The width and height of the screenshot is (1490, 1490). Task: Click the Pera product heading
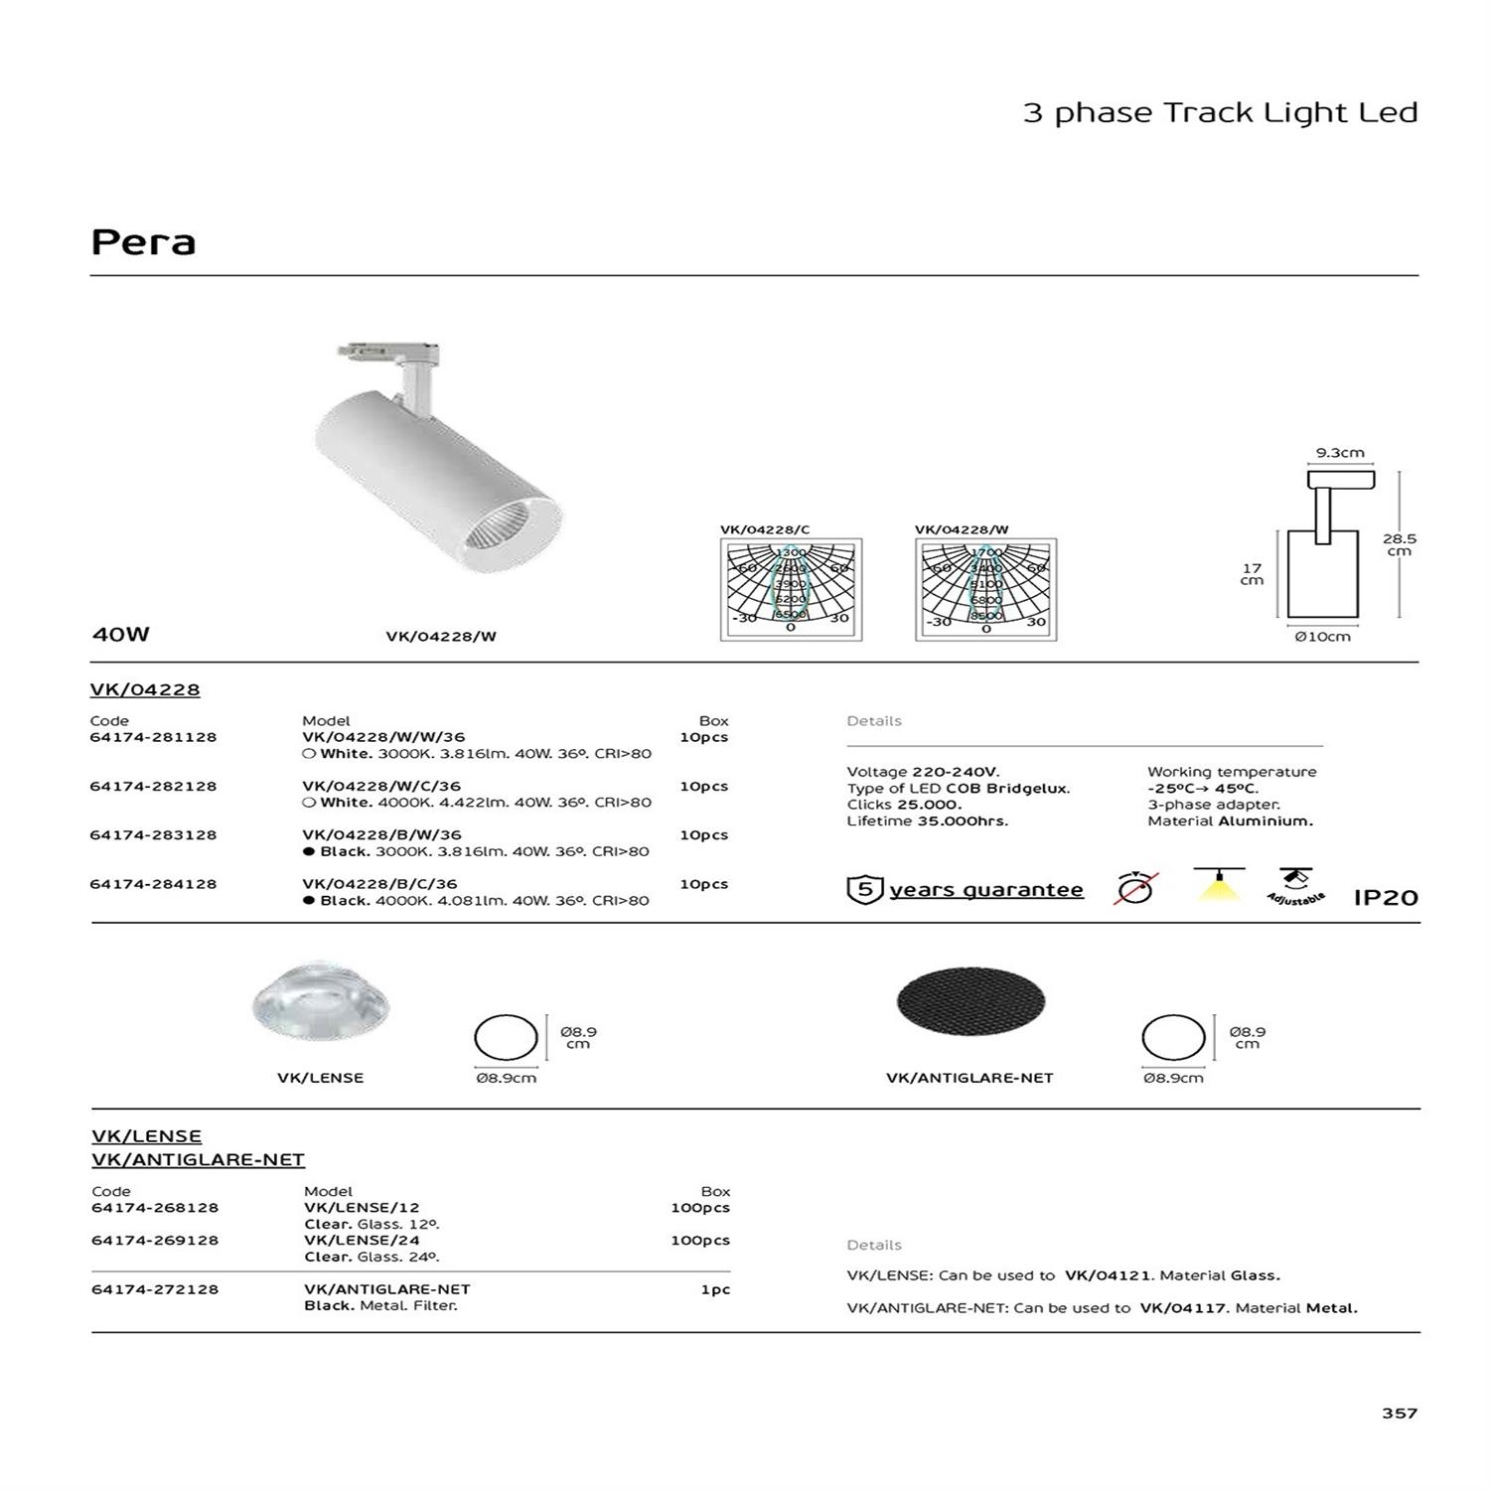click(143, 242)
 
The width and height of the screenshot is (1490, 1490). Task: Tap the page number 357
click(1399, 1413)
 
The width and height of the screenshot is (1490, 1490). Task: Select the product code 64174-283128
click(153, 835)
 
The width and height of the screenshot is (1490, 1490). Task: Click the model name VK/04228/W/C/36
click(381, 786)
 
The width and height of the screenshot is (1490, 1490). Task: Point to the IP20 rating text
click(1386, 898)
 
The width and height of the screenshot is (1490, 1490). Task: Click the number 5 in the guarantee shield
click(864, 889)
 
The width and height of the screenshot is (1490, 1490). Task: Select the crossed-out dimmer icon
click(1135, 887)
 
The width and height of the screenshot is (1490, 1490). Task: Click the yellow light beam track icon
click(1220, 884)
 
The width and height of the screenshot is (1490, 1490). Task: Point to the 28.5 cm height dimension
click(1399, 544)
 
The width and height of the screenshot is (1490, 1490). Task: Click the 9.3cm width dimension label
click(1340, 453)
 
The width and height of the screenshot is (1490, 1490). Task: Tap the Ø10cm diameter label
click(1322, 637)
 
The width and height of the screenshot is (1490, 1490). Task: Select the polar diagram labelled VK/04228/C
click(791, 589)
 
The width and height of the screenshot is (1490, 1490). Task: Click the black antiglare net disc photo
click(970, 1002)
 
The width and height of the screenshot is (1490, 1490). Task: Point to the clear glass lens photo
click(321, 1002)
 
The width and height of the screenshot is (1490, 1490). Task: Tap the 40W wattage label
click(120, 634)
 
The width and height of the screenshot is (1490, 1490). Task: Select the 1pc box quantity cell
click(714, 1289)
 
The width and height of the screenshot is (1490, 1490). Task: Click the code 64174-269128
click(155, 1241)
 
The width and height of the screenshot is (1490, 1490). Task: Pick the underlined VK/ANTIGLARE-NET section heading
click(198, 1159)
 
